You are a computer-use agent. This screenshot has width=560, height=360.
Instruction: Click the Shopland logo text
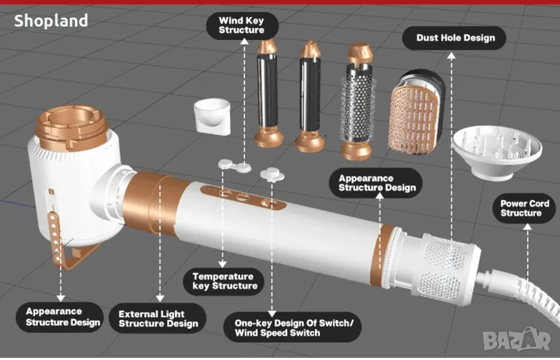(x=51, y=21)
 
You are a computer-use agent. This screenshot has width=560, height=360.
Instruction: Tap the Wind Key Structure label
(x=241, y=26)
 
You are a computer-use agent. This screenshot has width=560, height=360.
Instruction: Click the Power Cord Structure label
(x=524, y=208)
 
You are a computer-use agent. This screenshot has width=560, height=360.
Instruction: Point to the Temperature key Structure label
(x=225, y=281)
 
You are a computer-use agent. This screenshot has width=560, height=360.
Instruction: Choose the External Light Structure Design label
(x=158, y=319)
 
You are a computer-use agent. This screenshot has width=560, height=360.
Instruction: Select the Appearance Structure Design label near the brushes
(x=377, y=183)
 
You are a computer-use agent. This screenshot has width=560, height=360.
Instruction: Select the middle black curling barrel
(x=309, y=95)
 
